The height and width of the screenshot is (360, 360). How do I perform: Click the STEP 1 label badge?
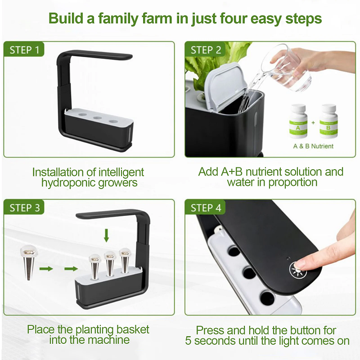tap(24, 49)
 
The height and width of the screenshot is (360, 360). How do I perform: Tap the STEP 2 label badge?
tap(205, 49)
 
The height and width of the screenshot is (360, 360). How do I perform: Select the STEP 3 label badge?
tap(24, 207)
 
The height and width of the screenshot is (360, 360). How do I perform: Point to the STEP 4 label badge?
tap(205, 207)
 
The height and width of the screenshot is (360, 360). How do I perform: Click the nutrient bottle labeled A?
tap(298, 121)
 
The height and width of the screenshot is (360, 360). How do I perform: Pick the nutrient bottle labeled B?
tap(328, 121)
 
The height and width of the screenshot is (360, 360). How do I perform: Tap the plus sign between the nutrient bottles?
tap(313, 122)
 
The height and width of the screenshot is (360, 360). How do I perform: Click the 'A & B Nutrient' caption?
tap(313, 146)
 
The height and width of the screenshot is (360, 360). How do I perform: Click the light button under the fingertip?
tap(297, 270)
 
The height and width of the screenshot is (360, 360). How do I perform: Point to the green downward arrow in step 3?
tap(106, 235)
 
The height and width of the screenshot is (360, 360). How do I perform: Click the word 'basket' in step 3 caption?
tap(132, 329)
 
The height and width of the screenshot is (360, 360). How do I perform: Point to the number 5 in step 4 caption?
tap(188, 341)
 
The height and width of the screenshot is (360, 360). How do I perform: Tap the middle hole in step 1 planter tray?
tap(97, 118)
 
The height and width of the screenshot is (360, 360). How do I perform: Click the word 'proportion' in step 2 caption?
tap(293, 183)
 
